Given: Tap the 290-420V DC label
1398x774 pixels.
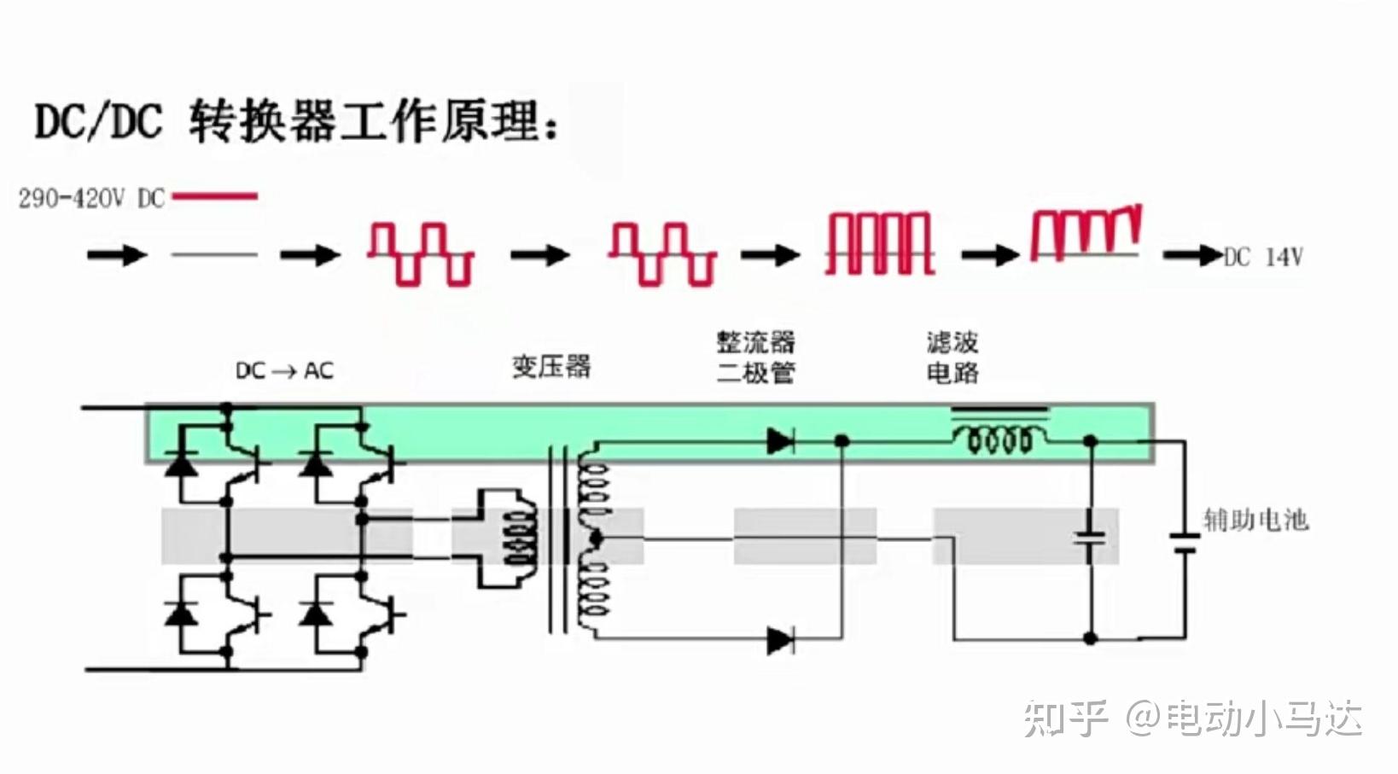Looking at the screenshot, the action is pyautogui.click(x=91, y=199).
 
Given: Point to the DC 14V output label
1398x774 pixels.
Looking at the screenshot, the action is pyautogui.click(x=1263, y=257).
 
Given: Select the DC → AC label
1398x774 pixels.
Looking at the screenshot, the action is pyautogui.click(x=284, y=370).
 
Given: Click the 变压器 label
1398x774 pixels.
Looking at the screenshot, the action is pyautogui.click(x=551, y=366).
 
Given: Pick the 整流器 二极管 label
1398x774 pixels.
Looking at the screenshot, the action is pyautogui.click(x=756, y=357).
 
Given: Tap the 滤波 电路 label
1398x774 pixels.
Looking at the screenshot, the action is pyautogui.click(x=952, y=357).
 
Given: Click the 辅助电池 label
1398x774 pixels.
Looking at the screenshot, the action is pyautogui.click(x=1255, y=520).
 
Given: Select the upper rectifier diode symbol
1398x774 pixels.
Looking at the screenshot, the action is pyautogui.click(x=780, y=441).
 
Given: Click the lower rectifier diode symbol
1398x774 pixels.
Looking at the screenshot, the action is pyautogui.click(x=780, y=640).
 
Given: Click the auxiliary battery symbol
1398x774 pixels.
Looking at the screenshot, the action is pyautogui.click(x=1184, y=543).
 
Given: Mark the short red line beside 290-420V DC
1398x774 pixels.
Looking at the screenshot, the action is pyautogui.click(x=215, y=196).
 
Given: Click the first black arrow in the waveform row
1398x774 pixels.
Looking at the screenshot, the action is pyautogui.click(x=117, y=254).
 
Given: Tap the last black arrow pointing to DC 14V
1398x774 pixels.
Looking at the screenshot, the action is pyautogui.click(x=1193, y=255).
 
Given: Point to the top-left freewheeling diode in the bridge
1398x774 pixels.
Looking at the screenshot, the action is pyautogui.click(x=181, y=463).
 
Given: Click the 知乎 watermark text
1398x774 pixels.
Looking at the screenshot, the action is pyautogui.click(x=1065, y=719).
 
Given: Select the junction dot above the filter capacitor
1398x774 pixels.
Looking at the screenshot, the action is pyautogui.click(x=1090, y=441).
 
